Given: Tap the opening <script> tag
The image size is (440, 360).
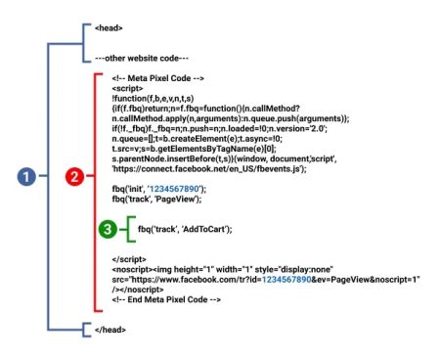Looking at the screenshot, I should (x=127, y=87).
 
